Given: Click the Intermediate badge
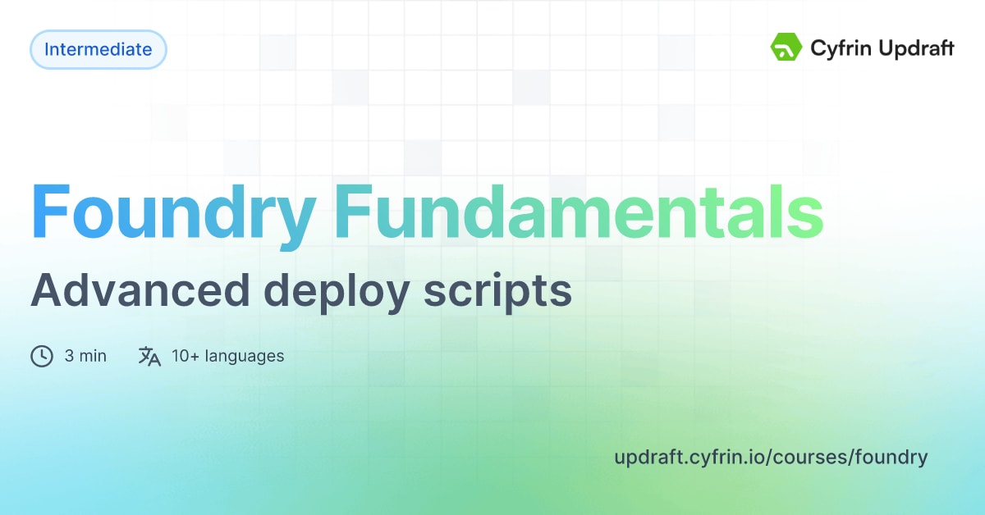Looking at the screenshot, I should coord(98,50).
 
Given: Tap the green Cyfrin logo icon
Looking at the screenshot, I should coord(786,48).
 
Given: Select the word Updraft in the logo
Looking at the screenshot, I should coord(914,49).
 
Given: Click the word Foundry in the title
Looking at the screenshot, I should coord(173,212).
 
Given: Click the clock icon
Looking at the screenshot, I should coord(42,356).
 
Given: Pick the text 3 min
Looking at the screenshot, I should coord(85,356).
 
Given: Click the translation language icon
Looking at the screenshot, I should coord(149,356).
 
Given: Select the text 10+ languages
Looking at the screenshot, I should coord(227,356).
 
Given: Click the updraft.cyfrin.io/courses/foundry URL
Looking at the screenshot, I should coord(771,458).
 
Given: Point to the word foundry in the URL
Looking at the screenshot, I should coord(891,458).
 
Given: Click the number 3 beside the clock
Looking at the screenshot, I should coord(70,356).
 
